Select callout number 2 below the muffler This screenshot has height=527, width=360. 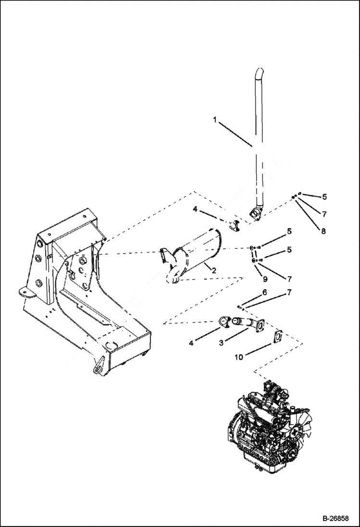[x=213, y=271]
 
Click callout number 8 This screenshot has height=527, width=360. [x=323, y=231]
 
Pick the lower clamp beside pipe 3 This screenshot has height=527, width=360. [x=224, y=321]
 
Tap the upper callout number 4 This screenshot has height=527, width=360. [x=195, y=209]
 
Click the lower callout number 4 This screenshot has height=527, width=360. [x=192, y=343]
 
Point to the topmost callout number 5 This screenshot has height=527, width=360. [x=324, y=196]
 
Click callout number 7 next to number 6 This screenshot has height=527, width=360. [x=289, y=292]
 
